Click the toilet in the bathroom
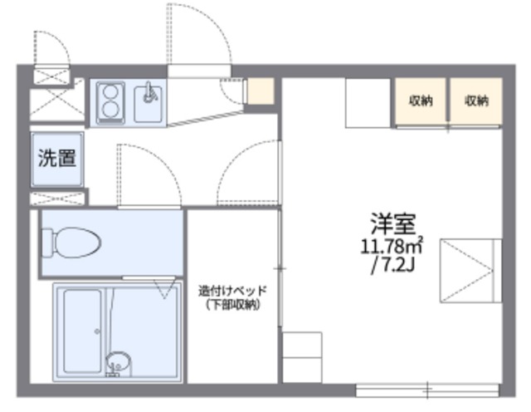pos(79,243)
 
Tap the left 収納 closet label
pos(420,101)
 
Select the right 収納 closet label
pos(475,101)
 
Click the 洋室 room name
pos(392,223)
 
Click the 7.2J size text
pos(392,265)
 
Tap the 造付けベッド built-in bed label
pos(232,292)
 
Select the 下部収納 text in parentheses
pos(233,305)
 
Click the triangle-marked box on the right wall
pos(470,271)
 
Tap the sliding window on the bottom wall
pos(428,388)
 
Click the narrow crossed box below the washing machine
pos(59,199)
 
